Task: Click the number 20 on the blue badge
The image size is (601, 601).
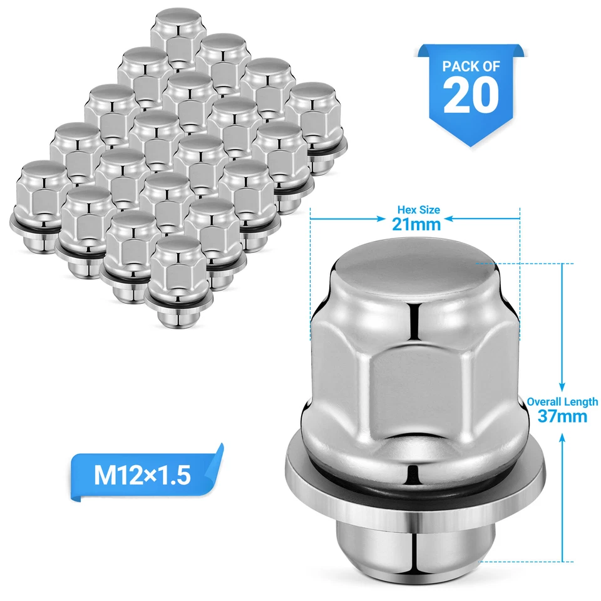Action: [x=471, y=96]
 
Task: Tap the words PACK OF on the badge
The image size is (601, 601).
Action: [x=471, y=66]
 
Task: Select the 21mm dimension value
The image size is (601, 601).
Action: [x=416, y=223]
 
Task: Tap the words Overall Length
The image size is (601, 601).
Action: [x=562, y=402]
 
